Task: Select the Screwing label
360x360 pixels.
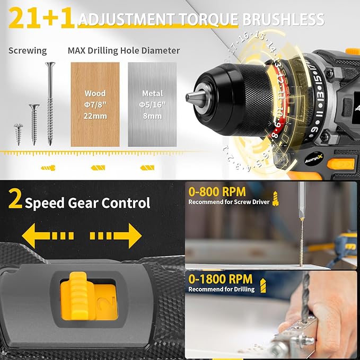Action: pyautogui.click(x=28, y=51)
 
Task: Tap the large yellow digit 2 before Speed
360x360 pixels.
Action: pyautogui.click(x=14, y=201)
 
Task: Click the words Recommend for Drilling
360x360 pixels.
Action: pyautogui.click(x=222, y=289)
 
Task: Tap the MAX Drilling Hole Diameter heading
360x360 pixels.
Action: pyautogui.click(x=124, y=51)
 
